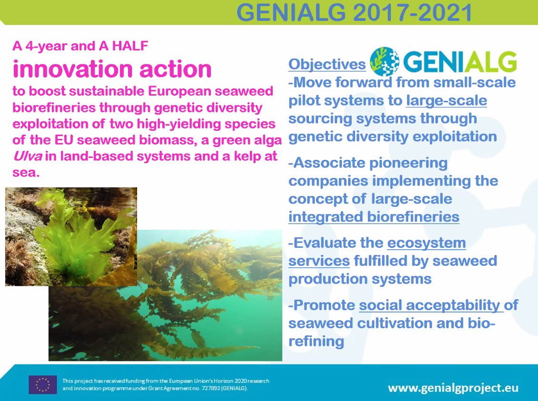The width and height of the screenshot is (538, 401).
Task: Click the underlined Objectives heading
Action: [x=327, y=64]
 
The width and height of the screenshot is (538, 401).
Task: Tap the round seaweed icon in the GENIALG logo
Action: [x=384, y=62]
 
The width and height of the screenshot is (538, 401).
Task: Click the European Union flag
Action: [x=42, y=384]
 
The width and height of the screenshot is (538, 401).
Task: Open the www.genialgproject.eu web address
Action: [x=453, y=387]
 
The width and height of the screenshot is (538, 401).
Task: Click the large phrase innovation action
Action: [x=112, y=69]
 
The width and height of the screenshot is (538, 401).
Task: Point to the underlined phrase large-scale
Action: [x=447, y=101]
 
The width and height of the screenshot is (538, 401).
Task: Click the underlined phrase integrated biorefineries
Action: [x=374, y=217]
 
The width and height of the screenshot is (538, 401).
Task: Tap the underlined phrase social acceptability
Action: [x=430, y=305]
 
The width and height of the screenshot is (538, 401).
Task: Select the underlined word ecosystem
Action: [x=426, y=243]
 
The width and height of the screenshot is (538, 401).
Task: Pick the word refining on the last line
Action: [x=316, y=341]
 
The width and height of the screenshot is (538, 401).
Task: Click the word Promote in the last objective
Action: [x=324, y=305]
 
